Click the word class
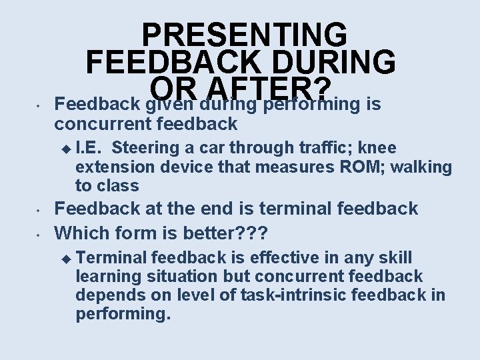tap(119, 185)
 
